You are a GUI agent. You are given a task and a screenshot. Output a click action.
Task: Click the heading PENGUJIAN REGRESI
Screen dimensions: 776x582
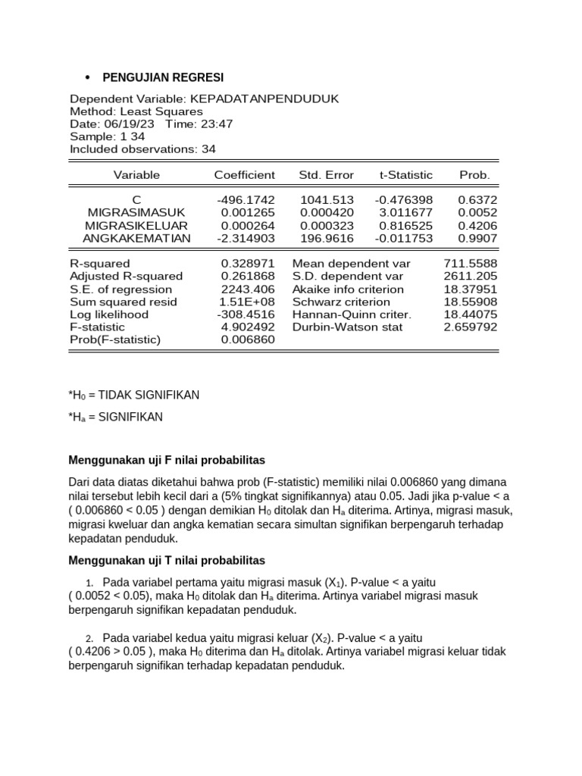(x=163, y=78)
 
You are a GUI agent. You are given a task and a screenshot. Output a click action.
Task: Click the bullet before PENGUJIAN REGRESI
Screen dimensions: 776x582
(x=87, y=79)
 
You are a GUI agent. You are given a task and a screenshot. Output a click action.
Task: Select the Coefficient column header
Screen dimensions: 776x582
(x=244, y=175)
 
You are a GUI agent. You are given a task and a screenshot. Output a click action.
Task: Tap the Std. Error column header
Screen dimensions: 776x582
(x=326, y=175)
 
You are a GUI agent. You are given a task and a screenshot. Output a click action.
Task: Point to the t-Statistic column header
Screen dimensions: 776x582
(x=406, y=175)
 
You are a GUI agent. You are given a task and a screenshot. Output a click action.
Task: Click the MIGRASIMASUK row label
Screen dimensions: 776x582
(x=136, y=213)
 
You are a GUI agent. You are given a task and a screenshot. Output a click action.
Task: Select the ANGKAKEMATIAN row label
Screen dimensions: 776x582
(x=136, y=238)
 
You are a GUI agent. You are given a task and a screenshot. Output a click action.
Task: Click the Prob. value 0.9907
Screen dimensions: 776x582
(x=474, y=238)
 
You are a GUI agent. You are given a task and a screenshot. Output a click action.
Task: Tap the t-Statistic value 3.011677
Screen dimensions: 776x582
(x=405, y=213)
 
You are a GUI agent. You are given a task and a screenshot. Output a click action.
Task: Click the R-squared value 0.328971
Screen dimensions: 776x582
(x=248, y=264)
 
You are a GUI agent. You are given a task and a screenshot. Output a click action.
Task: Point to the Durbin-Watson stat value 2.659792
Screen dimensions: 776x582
(x=471, y=327)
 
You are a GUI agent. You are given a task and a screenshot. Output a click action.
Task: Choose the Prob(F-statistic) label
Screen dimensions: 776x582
(x=115, y=340)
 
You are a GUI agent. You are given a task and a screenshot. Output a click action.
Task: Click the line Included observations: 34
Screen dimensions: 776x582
(x=142, y=149)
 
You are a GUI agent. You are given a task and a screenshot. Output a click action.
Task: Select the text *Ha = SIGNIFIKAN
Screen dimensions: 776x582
(x=115, y=417)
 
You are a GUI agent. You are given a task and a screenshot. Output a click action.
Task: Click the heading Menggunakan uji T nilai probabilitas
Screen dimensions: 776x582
(x=167, y=560)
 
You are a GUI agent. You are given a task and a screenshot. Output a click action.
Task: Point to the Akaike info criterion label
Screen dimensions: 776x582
(x=349, y=289)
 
